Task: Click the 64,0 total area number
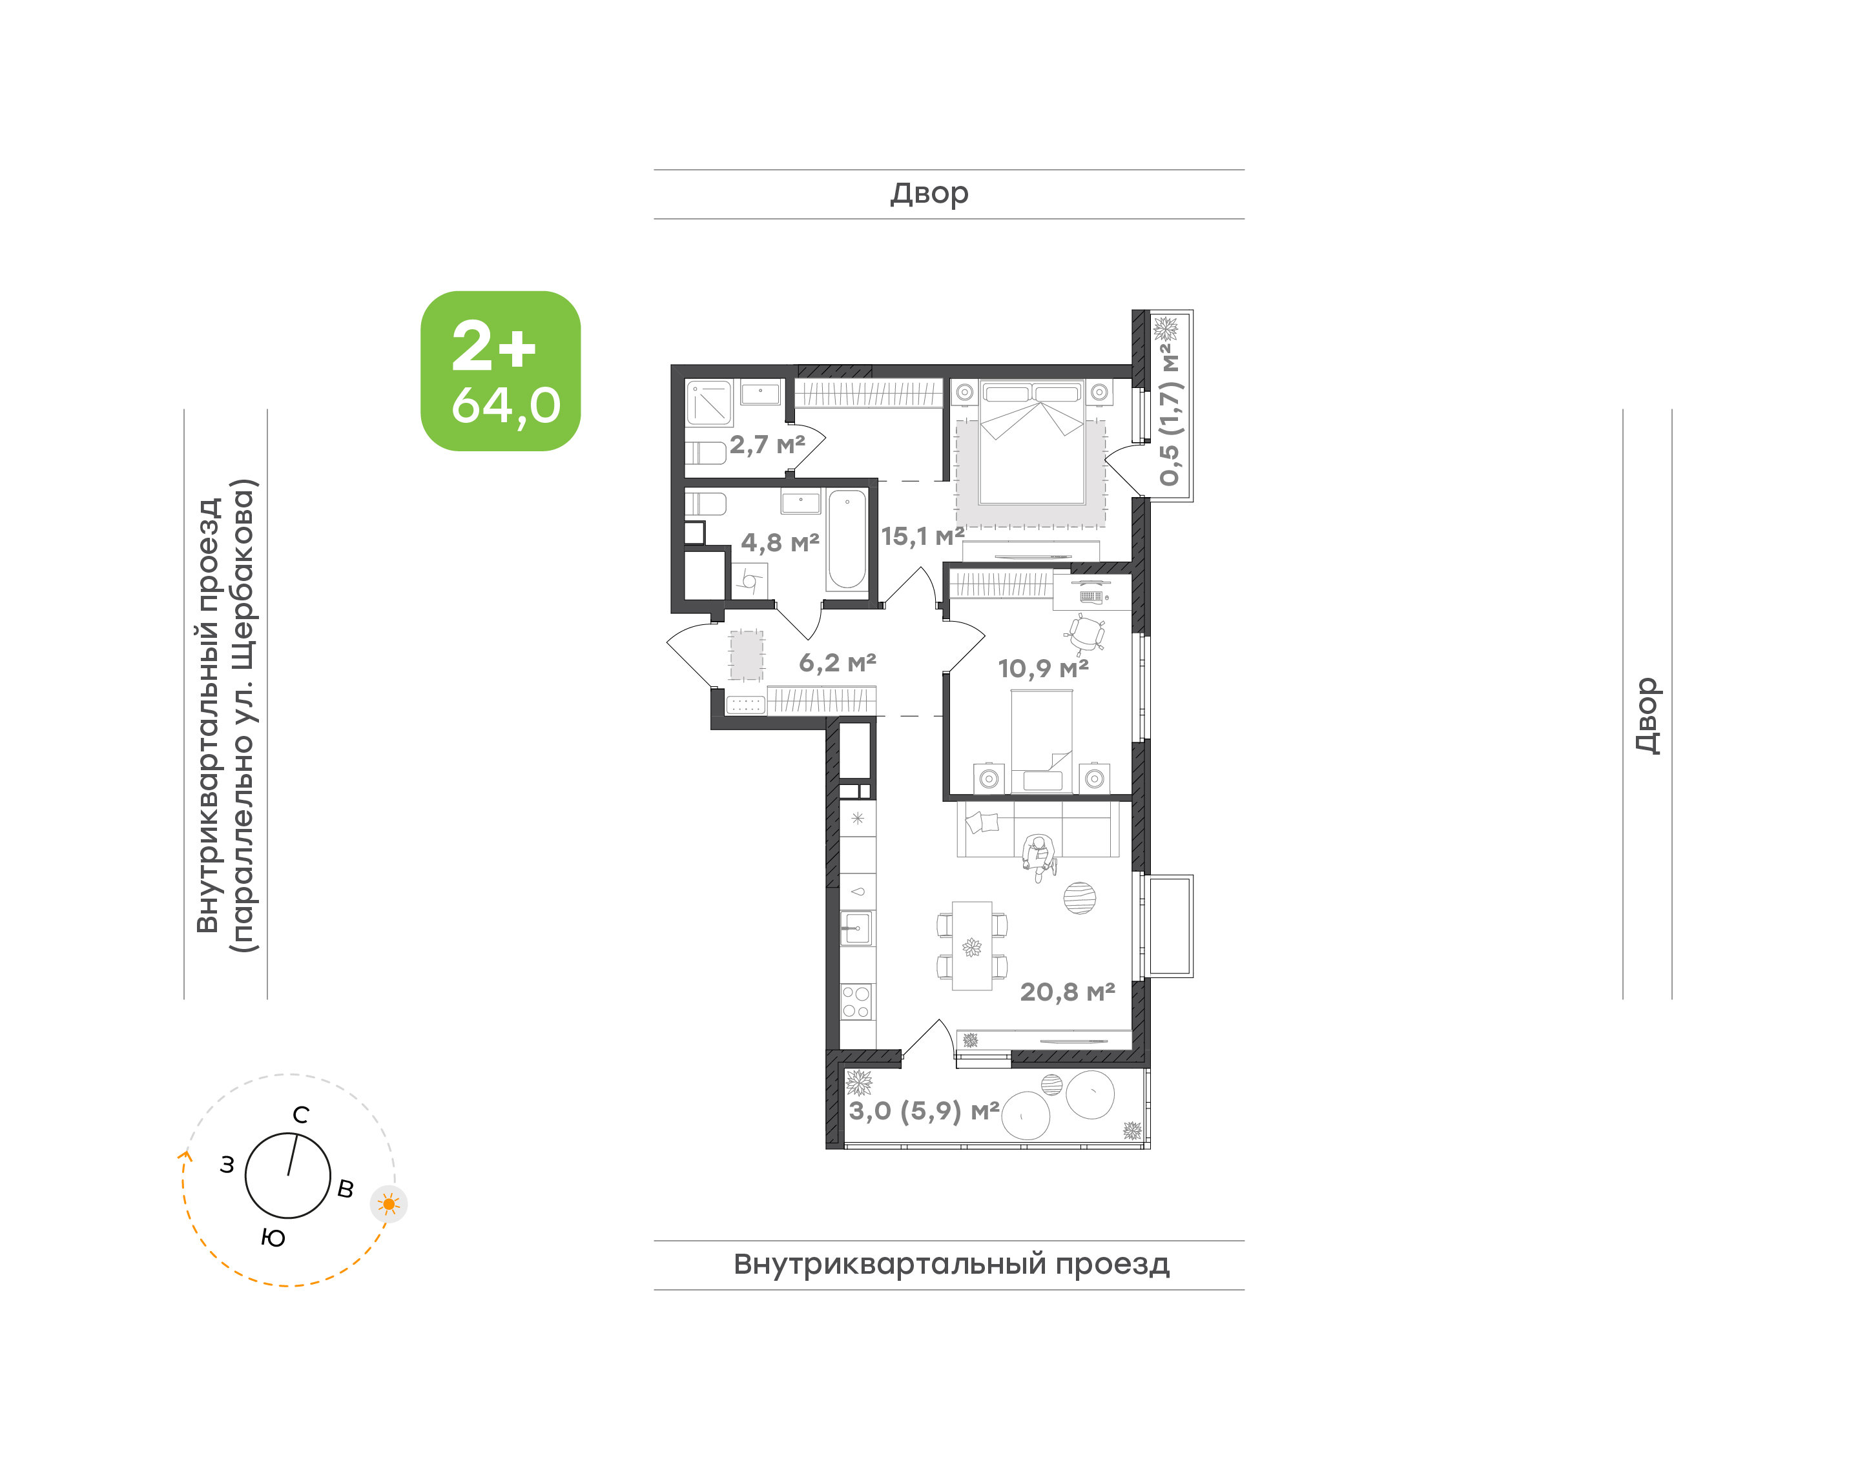click(x=506, y=406)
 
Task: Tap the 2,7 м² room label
click(x=767, y=444)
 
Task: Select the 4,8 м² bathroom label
click(x=780, y=542)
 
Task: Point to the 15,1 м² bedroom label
click(x=923, y=536)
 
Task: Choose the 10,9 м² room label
click(x=1043, y=668)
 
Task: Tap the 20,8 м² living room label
click(x=1067, y=992)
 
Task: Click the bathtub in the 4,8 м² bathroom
click(x=847, y=539)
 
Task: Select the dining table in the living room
click(x=972, y=946)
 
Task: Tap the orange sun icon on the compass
click(x=389, y=1205)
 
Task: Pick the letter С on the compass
click(x=301, y=1115)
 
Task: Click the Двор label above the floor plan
click(x=929, y=194)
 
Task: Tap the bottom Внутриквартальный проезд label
click(x=951, y=1264)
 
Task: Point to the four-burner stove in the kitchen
click(x=856, y=1002)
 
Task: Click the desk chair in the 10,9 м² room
click(x=1086, y=633)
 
